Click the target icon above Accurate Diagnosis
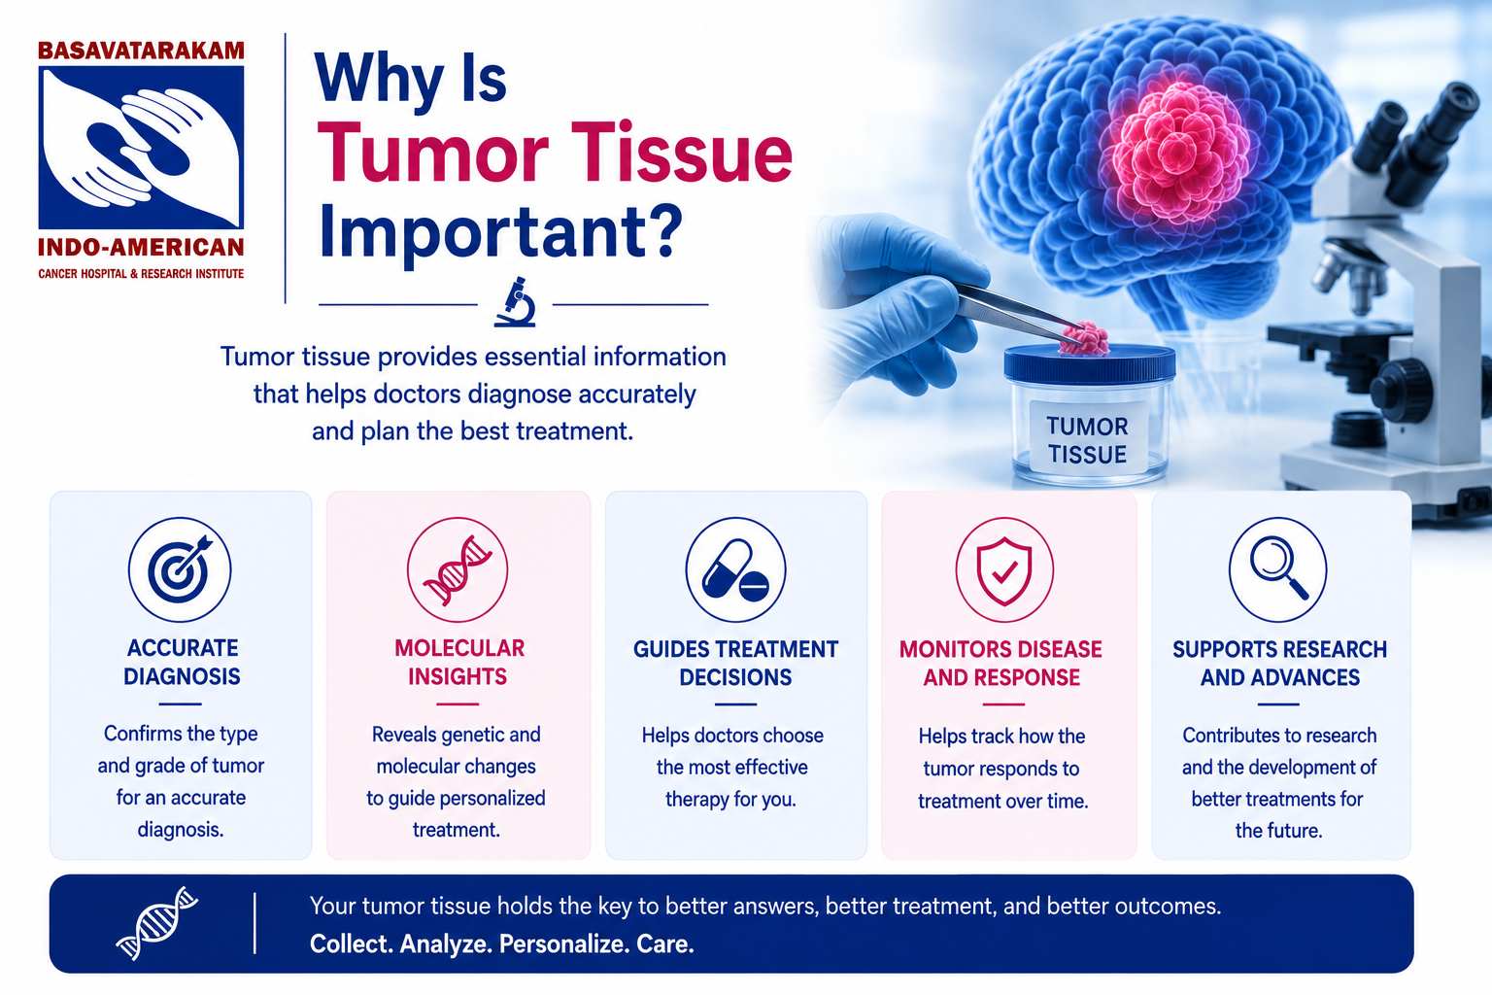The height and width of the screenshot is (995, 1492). [x=180, y=569]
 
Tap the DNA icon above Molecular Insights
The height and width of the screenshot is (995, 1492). [x=458, y=569]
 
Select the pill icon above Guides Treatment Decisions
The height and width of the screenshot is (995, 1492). [x=735, y=569]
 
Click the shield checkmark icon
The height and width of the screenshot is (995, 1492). [x=1004, y=569]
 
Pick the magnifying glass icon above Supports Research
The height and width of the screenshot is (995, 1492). [x=1277, y=569]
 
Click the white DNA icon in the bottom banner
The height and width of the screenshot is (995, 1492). [x=157, y=923]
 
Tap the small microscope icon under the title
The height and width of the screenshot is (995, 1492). [x=515, y=302]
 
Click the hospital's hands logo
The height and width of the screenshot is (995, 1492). [x=141, y=148]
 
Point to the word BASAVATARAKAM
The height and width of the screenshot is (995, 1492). [x=141, y=51]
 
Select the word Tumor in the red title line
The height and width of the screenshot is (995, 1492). [x=432, y=154]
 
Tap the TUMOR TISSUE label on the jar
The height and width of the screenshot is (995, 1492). [x=1087, y=440]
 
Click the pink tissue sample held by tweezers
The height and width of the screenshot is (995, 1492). [x=1085, y=337]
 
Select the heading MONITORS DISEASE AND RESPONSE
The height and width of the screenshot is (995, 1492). [x=1001, y=663]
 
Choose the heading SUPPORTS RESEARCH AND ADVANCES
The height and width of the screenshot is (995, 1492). [x=1279, y=663]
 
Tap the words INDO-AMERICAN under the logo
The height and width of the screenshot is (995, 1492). [x=141, y=247]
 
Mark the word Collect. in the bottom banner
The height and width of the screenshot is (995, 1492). [x=351, y=944]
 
